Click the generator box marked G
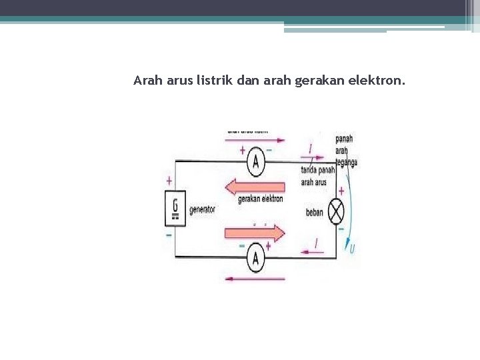175,207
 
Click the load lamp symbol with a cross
337,211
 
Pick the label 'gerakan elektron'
260,199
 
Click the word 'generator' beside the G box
202,209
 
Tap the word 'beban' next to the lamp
315,213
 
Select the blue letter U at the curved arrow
352,249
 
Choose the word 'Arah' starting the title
147,81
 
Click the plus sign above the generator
169,180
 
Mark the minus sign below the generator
169,235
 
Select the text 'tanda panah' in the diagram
317,171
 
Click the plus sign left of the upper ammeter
242,151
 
